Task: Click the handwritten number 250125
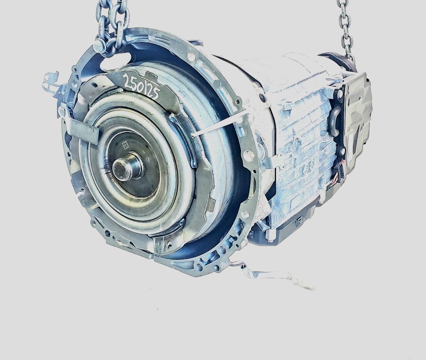tap(141, 85)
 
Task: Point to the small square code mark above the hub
tap(125, 145)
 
